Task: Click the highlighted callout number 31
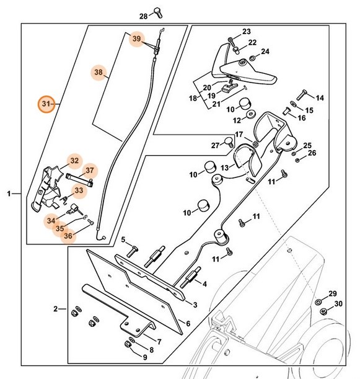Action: point(45,104)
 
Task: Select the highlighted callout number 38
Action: point(99,73)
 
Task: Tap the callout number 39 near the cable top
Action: point(136,39)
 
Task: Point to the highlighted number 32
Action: point(74,161)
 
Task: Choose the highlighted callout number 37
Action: point(89,171)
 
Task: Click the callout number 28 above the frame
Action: point(143,16)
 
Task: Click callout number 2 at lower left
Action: point(55,308)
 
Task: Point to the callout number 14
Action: point(320,98)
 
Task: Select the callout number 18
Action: point(192,99)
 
